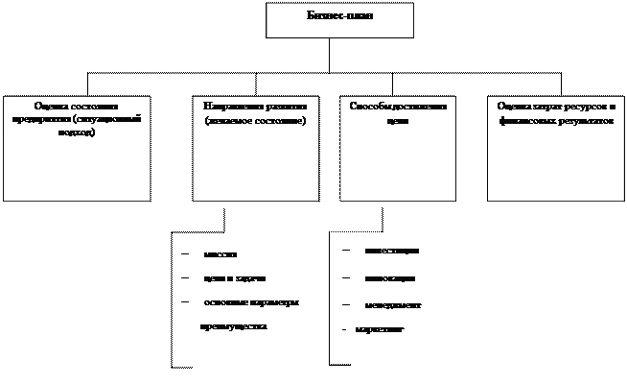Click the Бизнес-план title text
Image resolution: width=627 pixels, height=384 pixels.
339,17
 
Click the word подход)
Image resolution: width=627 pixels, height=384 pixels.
77,132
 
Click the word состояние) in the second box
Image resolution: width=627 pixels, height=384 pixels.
280,120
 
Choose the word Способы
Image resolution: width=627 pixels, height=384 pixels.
368,105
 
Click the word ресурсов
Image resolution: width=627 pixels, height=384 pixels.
584,105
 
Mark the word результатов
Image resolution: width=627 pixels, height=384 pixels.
583,120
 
